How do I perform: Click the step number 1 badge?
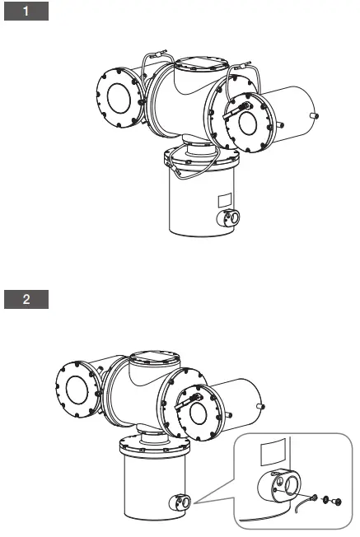26,11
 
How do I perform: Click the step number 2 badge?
26,299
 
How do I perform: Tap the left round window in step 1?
119,98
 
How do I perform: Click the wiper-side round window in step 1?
248,123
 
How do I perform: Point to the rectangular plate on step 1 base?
225,200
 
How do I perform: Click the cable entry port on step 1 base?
228,217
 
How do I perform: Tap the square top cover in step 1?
201,64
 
